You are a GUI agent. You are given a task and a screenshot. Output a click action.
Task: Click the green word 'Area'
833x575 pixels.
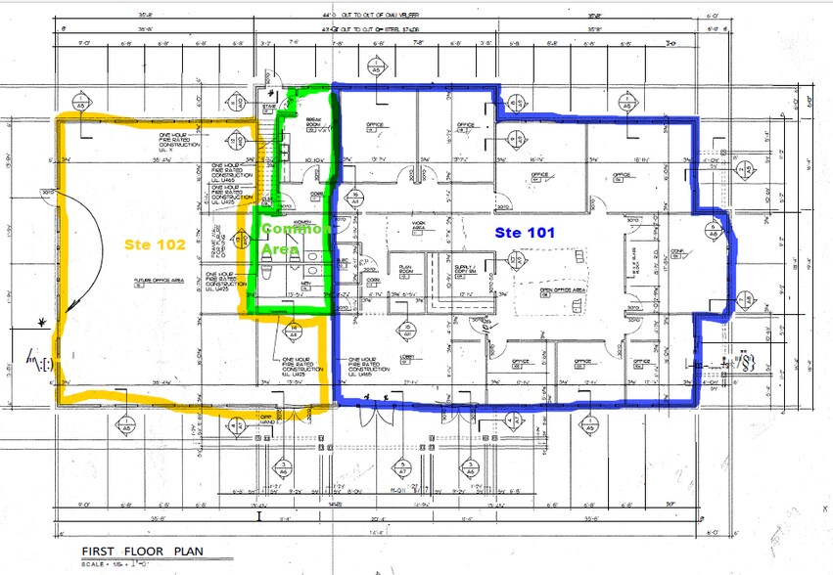tap(279, 248)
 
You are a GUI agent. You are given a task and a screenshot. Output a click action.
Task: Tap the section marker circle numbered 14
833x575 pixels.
tap(294, 330)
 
